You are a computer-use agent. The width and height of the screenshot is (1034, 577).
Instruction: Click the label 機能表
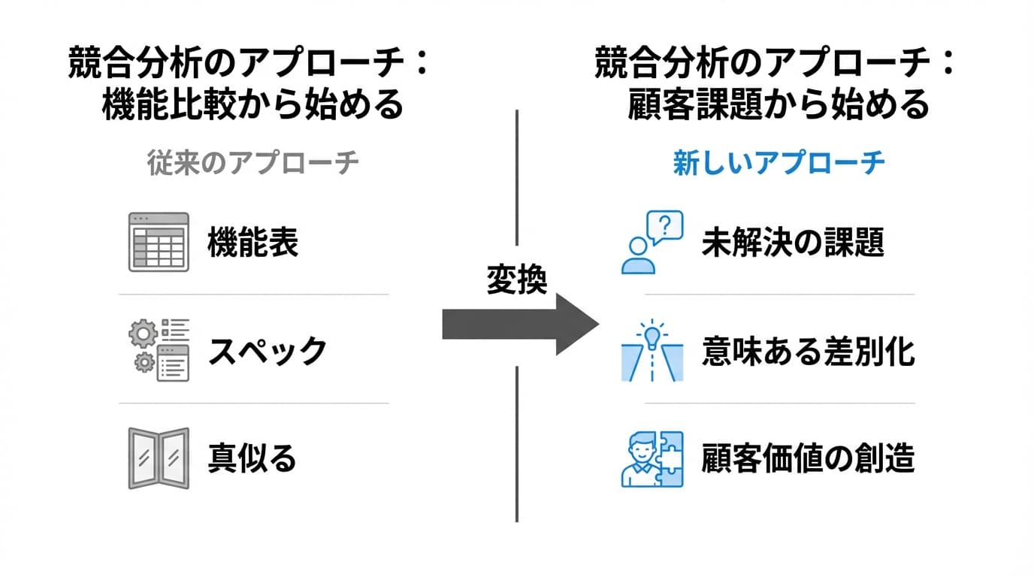(x=253, y=243)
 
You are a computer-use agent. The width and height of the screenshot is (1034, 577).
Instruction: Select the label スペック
(x=268, y=351)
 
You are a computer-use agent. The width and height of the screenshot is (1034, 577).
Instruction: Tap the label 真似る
(x=252, y=458)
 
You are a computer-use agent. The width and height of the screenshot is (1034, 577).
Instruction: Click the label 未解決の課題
(x=793, y=243)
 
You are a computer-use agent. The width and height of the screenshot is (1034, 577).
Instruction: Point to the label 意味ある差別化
(x=808, y=351)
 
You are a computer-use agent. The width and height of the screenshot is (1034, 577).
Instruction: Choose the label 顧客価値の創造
(x=808, y=458)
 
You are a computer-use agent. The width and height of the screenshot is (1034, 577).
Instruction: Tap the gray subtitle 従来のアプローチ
(x=252, y=163)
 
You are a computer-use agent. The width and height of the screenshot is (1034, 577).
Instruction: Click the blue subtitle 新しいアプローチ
(x=779, y=163)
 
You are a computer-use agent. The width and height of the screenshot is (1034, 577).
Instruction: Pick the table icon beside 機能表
(x=158, y=242)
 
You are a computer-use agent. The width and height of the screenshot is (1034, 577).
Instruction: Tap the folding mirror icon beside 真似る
(x=158, y=458)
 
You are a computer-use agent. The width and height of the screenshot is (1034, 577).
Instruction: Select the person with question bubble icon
(x=652, y=242)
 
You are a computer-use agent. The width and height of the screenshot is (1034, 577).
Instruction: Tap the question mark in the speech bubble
(x=664, y=224)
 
